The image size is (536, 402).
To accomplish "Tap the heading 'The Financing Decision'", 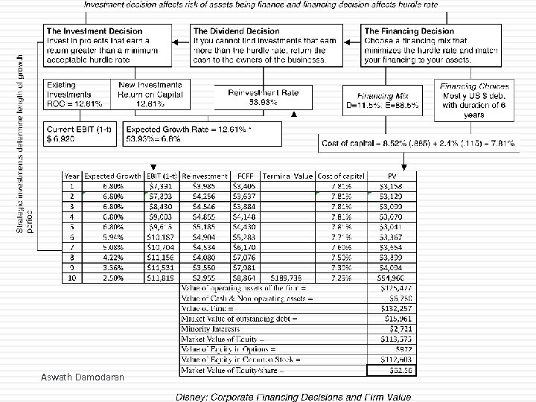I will coord(409,31).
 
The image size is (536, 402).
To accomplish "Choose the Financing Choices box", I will coord(470,100).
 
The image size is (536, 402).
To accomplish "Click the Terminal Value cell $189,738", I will coord(292,278).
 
